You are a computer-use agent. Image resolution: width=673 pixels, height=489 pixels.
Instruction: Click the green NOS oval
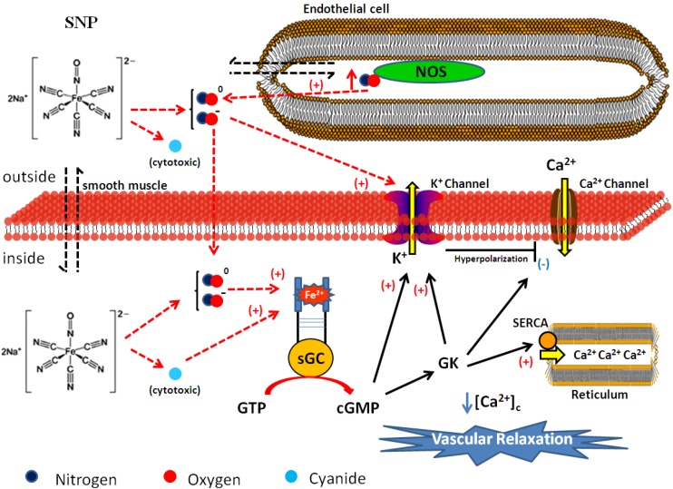(429, 72)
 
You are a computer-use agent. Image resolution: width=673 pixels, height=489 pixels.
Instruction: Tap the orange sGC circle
(310, 358)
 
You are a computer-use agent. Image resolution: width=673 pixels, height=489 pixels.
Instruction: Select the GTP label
(251, 407)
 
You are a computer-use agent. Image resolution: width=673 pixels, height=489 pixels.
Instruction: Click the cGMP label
(357, 407)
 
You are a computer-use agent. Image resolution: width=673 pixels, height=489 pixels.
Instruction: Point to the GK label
(449, 363)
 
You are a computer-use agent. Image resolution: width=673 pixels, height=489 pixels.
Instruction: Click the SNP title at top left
(81, 23)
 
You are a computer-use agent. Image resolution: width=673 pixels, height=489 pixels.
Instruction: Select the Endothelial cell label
(346, 8)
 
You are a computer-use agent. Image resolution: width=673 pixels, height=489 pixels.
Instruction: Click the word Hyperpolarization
(491, 259)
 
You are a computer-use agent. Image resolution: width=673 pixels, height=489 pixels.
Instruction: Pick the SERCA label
(530, 323)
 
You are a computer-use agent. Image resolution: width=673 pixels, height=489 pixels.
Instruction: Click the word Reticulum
(600, 395)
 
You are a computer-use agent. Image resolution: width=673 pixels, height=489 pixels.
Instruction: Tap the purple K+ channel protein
(412, 216)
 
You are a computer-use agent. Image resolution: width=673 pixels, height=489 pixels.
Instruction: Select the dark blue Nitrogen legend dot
(32, 476)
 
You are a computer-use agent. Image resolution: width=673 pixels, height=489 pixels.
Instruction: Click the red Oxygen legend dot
(171, 476)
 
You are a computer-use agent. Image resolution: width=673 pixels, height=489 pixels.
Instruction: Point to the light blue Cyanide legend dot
(291, 476)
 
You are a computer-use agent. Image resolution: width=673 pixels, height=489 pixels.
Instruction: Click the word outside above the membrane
(29, 177)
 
